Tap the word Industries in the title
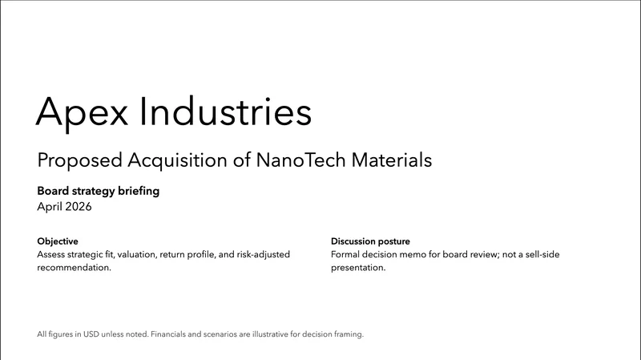click(x=226, y=111)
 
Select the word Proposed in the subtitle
click(x=79, y=160)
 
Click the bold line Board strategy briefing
click(x=99, y=192)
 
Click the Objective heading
click(x=58, y=241)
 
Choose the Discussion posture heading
click(x=370, y=241)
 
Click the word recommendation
click(x=74, y=268)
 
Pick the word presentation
click(x=358, y=268)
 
